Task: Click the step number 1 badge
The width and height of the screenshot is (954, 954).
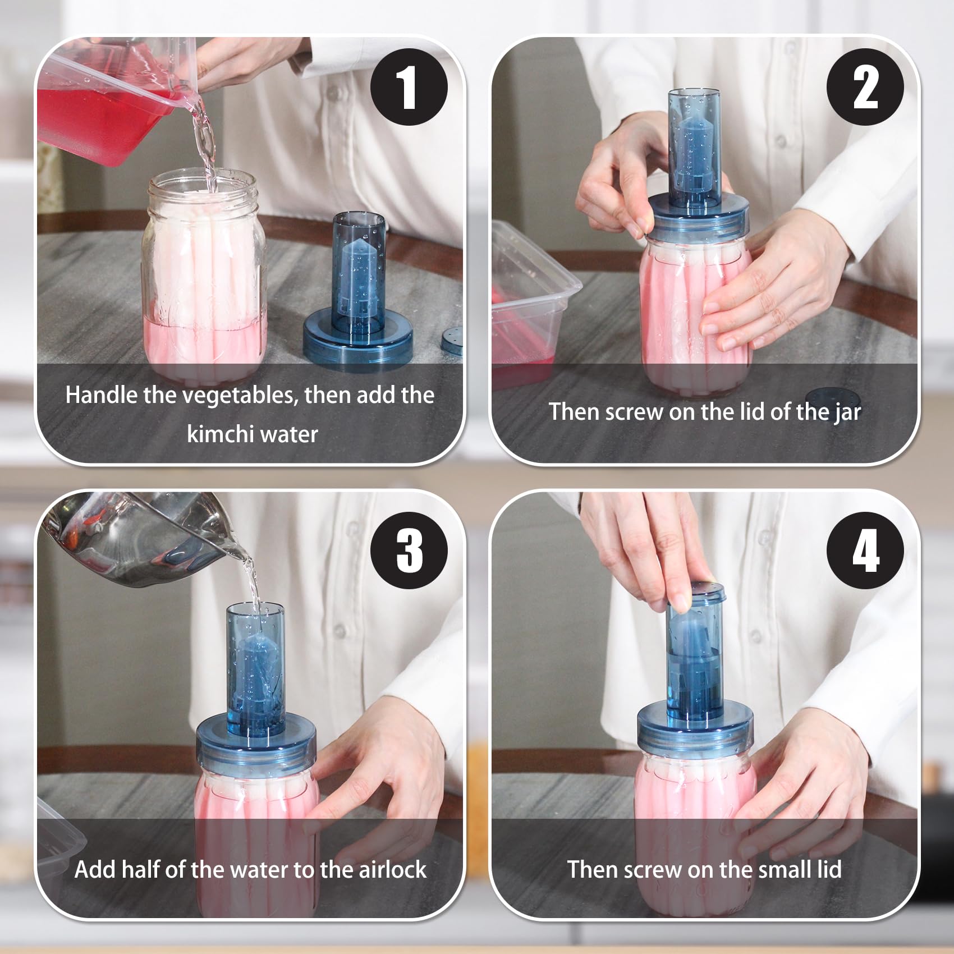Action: (x=409, y=87)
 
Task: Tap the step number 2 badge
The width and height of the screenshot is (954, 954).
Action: (x=865, y=87)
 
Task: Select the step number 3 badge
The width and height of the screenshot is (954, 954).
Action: (x=409, y=550)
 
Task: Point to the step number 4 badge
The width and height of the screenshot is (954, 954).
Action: (x=865, y=550)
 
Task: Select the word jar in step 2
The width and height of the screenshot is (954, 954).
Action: (x=847, y=412)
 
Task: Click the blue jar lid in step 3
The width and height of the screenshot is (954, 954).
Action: (x=256, y=740)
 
